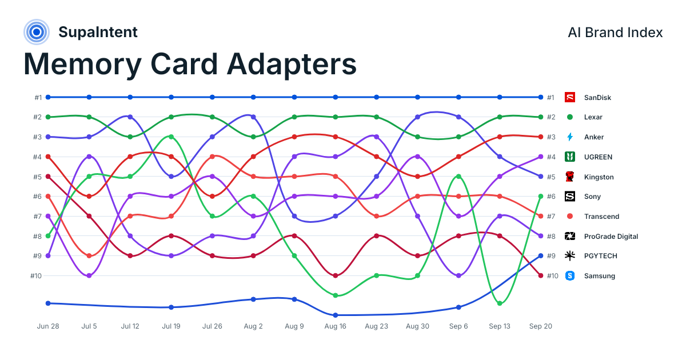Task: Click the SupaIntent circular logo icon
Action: coord(37,32)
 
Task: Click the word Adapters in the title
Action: coord(292,64)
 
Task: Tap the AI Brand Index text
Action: coord(615,33)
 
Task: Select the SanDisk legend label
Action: coord(597,97)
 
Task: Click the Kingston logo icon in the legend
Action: coord(569,177)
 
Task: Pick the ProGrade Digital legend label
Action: coord(611,237)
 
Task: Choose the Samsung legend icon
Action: coord(569,276)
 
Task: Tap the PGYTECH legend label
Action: coord(601,256)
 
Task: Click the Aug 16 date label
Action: coord(336,326)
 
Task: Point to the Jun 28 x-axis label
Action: coord(48,326)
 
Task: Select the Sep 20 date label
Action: coord(541,326)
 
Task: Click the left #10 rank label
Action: coord(36,276)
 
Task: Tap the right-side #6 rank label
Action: coord(551,197)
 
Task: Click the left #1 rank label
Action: coord(38,97)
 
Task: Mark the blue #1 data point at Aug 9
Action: coord(294,97)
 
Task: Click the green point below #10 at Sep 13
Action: coord(500,303)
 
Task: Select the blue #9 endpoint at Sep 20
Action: coord(541,256)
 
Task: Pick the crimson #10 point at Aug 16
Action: coord(336,276)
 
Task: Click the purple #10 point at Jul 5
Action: coord(89,276)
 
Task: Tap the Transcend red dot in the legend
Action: coord(569,217)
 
